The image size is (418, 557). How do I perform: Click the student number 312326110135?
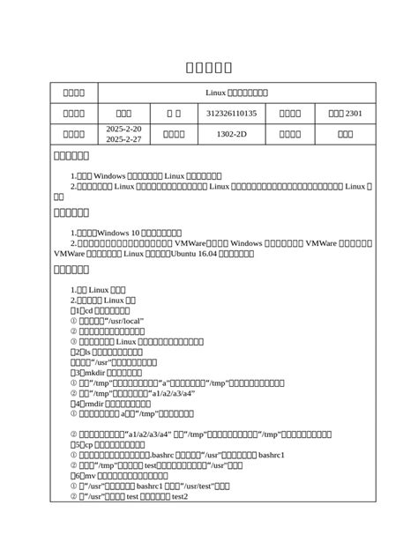tap(231, 113)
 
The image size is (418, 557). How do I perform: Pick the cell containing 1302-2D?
tap(231, 134)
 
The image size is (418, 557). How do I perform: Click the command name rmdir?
tap(94, 403)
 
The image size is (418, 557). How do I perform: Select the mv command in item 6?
tap(88, 475)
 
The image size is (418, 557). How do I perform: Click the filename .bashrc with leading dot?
tap(188, 455)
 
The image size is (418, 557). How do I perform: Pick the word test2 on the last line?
tap(179, 496)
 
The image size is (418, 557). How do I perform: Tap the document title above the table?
tap(209, 68)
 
